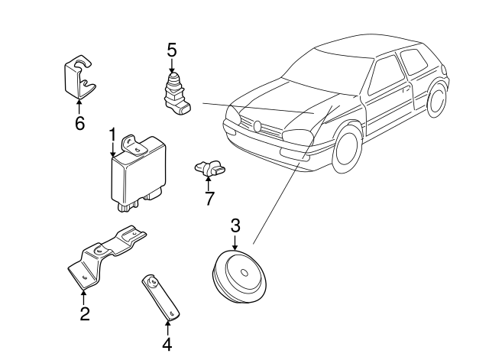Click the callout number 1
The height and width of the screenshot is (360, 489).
pyautogui.click(x=112, y=135)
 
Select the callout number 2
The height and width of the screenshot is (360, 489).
pyautogui.click(x=85, y=313)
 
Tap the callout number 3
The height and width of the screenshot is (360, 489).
pyautogui.click(x=235, y=225)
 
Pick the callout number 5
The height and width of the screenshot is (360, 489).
pyautogui.click(x=172, y=50)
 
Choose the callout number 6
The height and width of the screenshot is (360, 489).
pyautogui.click(x=79, y=122)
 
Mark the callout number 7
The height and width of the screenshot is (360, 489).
pyautogui.click(x=209, y=199)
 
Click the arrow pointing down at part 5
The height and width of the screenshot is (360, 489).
pyautogui.click(x=172, y=67)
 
